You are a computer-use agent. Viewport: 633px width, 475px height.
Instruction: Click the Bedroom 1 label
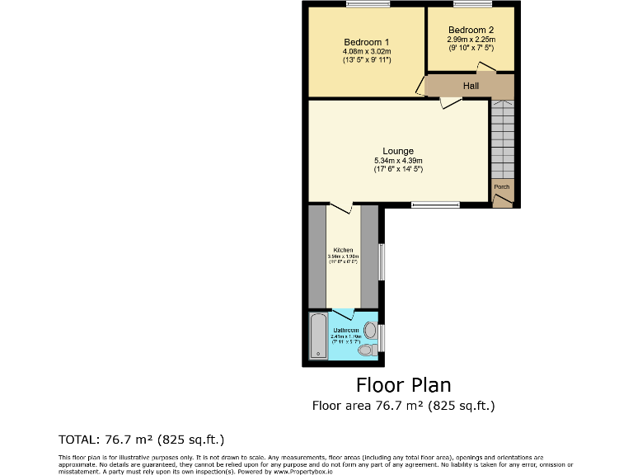pyautogui.click(x=366, y=43)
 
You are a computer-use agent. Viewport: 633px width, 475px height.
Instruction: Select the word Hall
pyautogui.click(x=471, y=86)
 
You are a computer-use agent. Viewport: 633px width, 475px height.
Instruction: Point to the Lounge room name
pyautogui.click(x=398, y=151)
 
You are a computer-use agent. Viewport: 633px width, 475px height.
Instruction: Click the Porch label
pyautogui.click(x=501, y=187)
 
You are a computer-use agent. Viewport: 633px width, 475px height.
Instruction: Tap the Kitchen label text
pyautogui.click(x=343, y=250)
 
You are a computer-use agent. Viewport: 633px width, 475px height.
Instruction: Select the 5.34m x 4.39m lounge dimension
pyautogui.click(x=398, y=160)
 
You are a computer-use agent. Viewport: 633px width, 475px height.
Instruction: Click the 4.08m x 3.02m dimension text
pyautogui.click(x=366, y=52)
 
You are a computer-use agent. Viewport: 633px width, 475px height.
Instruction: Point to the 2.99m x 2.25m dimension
pyautogui.click(x=471, y=39)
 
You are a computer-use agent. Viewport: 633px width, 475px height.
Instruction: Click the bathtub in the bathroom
pyautogui.click(x=319, y=336)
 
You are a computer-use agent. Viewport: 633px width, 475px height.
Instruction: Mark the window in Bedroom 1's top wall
pyautogui.click(x=368, y=5)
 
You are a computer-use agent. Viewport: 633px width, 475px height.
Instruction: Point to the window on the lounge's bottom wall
pyautogui.click(x=435, y=204)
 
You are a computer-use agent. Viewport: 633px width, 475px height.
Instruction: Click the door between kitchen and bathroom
pyautogui.click(x=343, y=312)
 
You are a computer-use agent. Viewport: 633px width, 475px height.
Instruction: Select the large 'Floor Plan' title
pyautogui.click(x=403, y=384)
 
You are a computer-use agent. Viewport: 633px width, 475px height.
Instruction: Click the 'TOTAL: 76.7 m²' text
pyautogui.click(x=141, y=439)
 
